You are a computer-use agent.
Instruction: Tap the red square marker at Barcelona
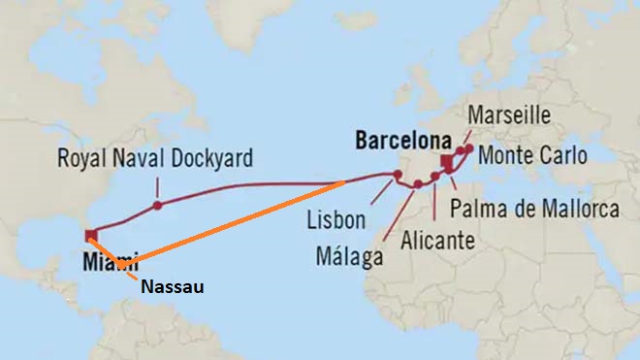446,161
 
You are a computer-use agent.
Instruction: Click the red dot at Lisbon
397,176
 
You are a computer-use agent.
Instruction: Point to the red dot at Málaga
418,183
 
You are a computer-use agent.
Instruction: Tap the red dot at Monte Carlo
469,149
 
